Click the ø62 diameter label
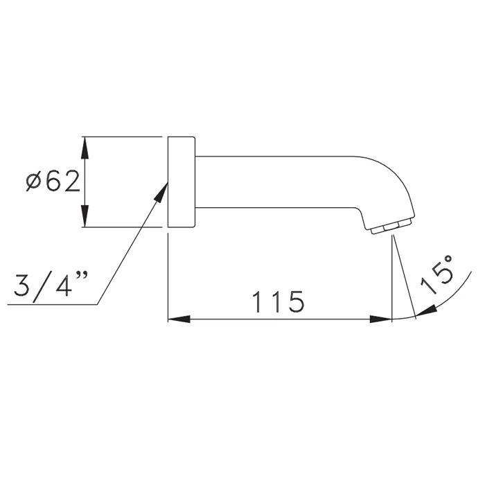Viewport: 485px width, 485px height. point(53,182)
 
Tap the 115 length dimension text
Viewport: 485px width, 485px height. point(279,301)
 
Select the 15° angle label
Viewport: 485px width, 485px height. point(436,274)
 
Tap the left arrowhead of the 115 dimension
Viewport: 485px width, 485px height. point(179,319)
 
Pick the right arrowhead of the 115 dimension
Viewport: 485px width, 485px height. point(381,319)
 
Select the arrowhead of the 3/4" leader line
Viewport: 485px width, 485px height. point(161,193)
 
